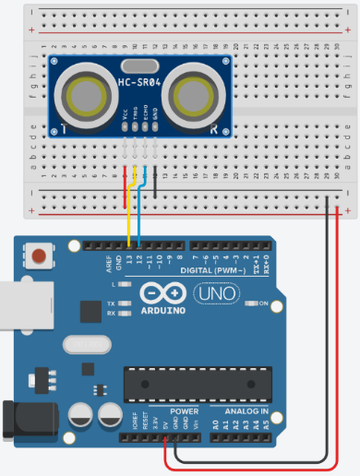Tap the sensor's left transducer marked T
pos(88,96)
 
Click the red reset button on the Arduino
pos(39,254)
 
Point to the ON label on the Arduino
pos(264,303)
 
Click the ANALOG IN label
pos(246,411)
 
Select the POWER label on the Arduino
pos(185,411)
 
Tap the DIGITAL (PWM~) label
pos(212,270)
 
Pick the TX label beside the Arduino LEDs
pos(110,303)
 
